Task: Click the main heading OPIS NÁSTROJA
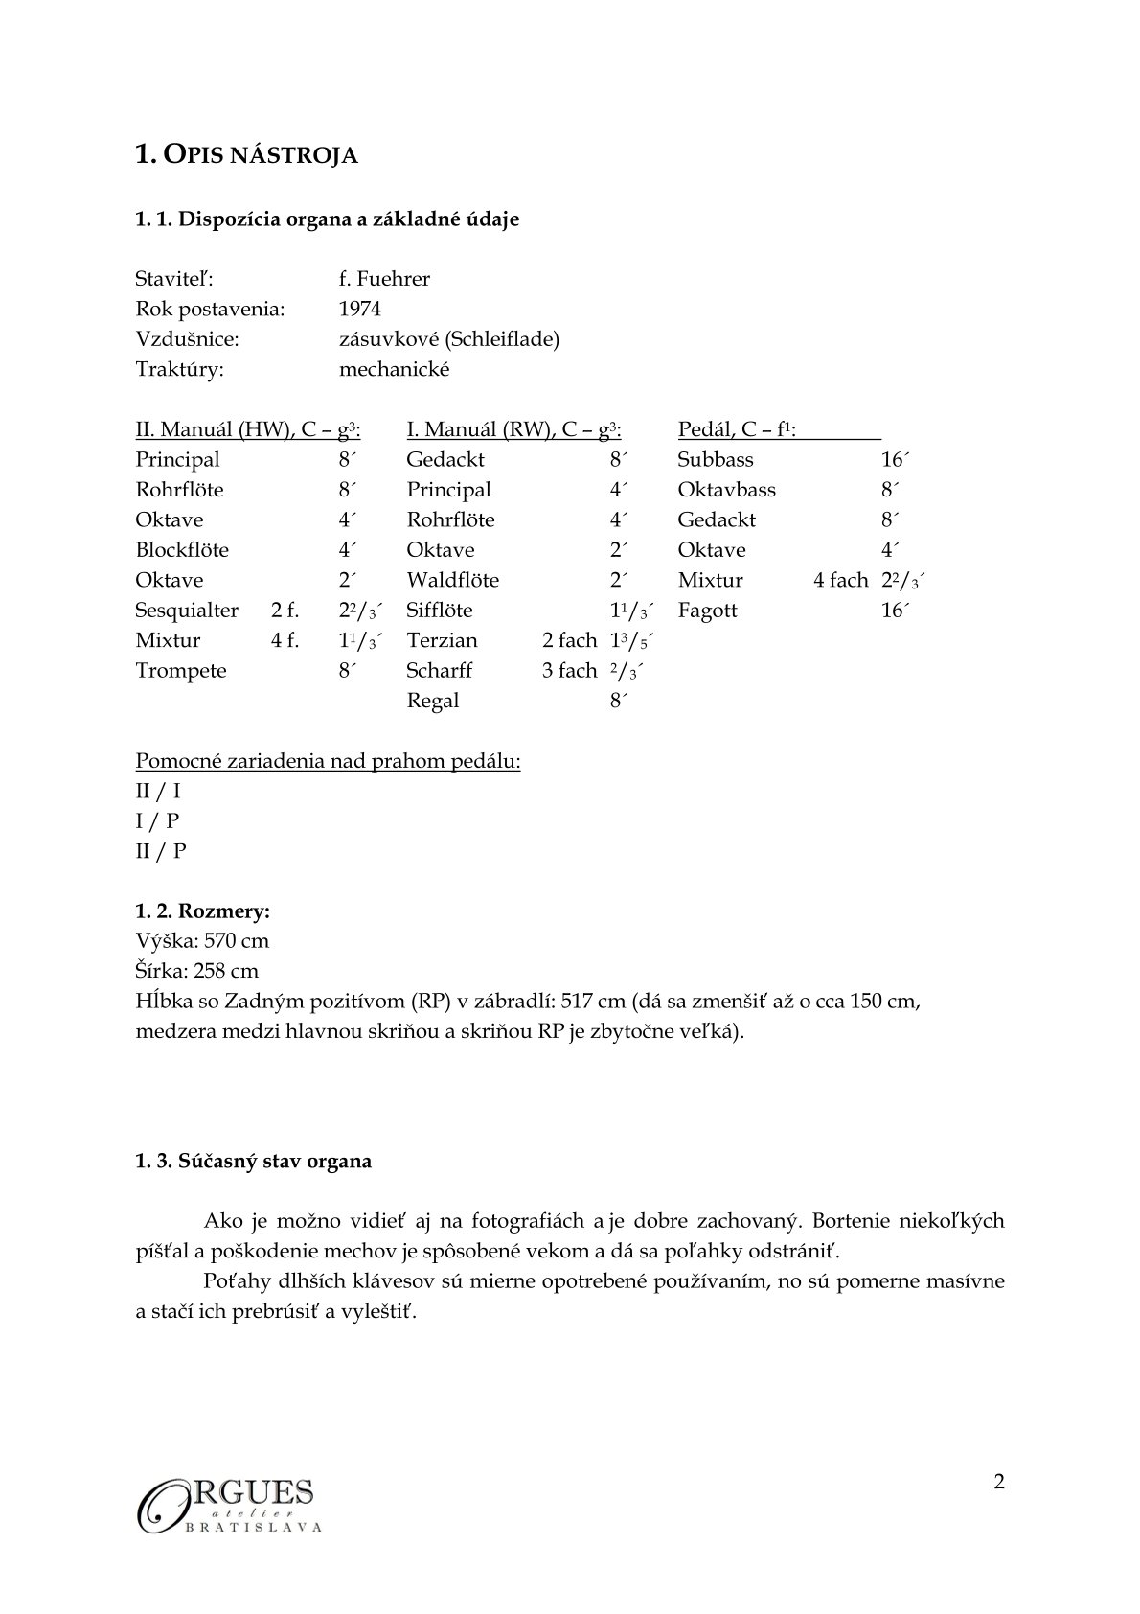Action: point(246,154)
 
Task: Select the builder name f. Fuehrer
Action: point(384,279)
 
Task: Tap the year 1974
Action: point(359,309)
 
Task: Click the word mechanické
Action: point(394,369)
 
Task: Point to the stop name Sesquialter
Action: point(187,611)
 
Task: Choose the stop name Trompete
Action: point(181,671)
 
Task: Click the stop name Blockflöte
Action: point(182,550)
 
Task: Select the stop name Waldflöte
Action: point(452,580)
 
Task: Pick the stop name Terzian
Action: point(442,640)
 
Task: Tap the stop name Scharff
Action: point(439,671)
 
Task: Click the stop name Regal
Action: point(432,701)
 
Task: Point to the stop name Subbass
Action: point(715,460)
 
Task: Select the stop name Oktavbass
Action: point(726,490)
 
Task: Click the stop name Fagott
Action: point(707,611)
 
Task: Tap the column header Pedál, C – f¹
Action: point(737,429)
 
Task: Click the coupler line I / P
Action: point(157,821)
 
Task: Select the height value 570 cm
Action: point(237,941)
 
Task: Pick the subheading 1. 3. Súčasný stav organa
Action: point(253,1162)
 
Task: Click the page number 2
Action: point(999,1483)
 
